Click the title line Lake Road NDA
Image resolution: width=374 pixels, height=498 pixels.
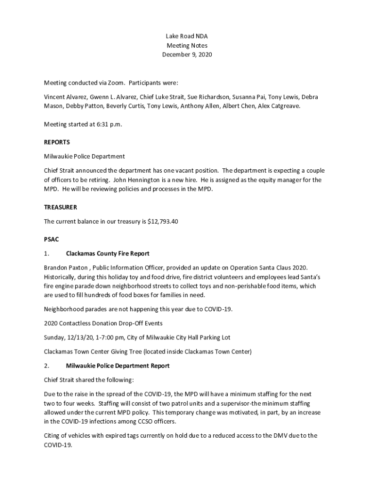pos(187,36)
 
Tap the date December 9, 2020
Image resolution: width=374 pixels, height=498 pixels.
pos(187,55)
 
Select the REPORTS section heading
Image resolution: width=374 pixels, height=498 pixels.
pos(57,142)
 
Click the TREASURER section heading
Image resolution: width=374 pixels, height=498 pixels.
pos(60,207)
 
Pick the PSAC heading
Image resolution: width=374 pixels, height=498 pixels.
pos(51,239)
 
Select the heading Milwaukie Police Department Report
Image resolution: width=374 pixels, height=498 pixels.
pos(118,365)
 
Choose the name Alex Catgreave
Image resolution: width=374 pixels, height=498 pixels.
pos(279,106)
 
